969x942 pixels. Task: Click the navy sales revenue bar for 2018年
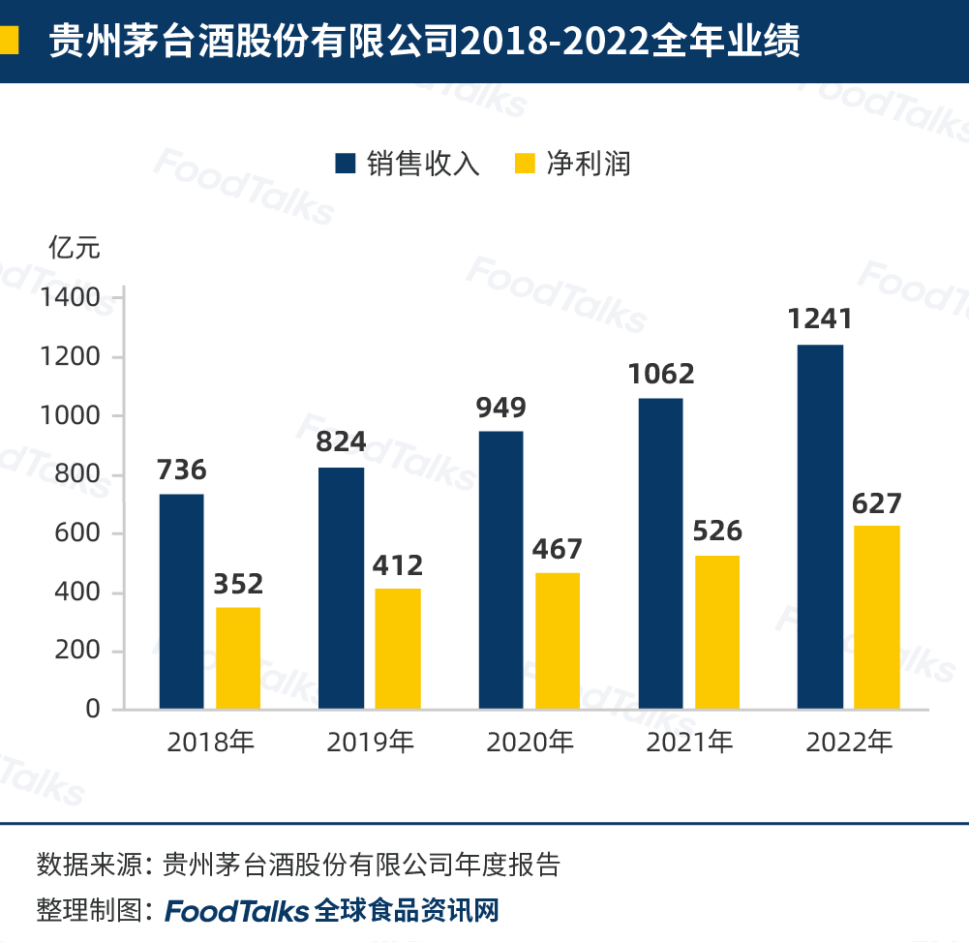[x=181, y=601]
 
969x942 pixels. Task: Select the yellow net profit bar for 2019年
[x=398, y=649]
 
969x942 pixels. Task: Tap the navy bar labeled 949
[x=500, y=570]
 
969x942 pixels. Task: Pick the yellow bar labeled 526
[x=716, y=632]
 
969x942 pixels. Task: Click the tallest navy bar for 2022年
[x=820, y=527]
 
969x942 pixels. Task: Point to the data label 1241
[x=819, y=319]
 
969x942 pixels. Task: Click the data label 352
[x=237, y=584]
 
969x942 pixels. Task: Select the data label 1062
[x=660, y=374]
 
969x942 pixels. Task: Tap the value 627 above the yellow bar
[x=876, y=503]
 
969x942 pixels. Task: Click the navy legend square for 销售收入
[x=346, y=163]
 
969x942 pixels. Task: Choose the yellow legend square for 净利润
[x=525, y=163]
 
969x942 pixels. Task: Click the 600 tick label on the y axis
[x=78, y=533]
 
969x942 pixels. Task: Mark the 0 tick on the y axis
[x=93, y=709]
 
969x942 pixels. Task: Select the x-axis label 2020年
[x=530, y=743]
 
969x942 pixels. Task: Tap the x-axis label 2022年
[x=849, y=743]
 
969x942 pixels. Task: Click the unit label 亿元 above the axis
[x=75, y=248]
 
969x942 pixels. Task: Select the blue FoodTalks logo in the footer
[x=237, y=911]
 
